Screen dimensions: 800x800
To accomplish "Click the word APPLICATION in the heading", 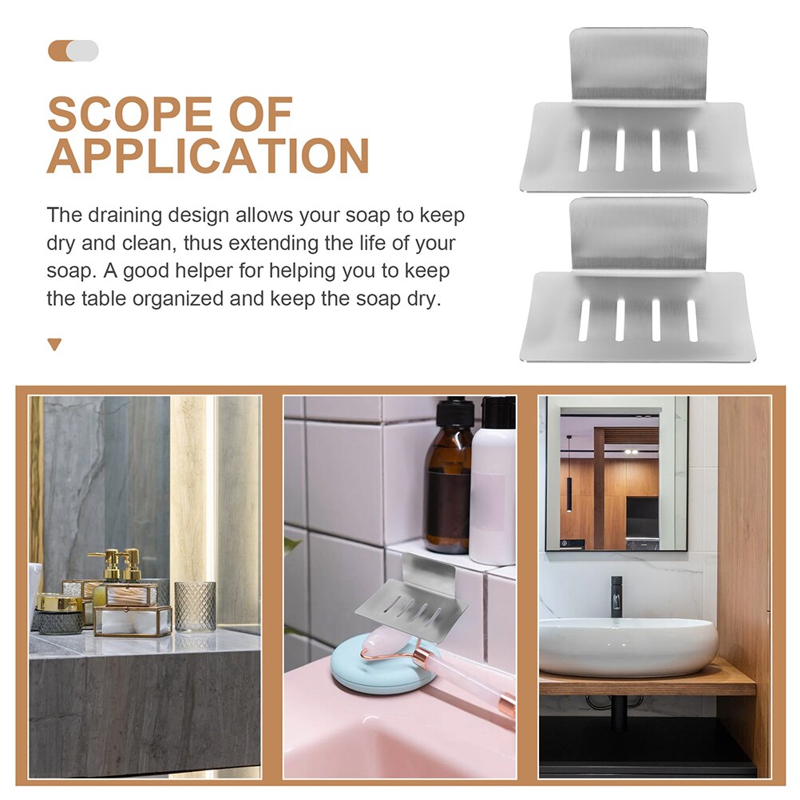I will (x=208, y=156).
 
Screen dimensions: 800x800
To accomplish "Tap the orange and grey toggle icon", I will (x=73, y=51).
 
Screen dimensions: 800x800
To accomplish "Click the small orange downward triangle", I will (x=54, y=344).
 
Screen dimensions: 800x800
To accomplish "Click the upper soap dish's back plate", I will (x=639, y=64).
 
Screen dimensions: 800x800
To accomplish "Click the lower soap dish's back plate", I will (x=639, y=234).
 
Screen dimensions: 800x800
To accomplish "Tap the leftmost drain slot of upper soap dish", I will (x=584, y=150).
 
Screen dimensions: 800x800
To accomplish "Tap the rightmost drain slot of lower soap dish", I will (x=692, y=320).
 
